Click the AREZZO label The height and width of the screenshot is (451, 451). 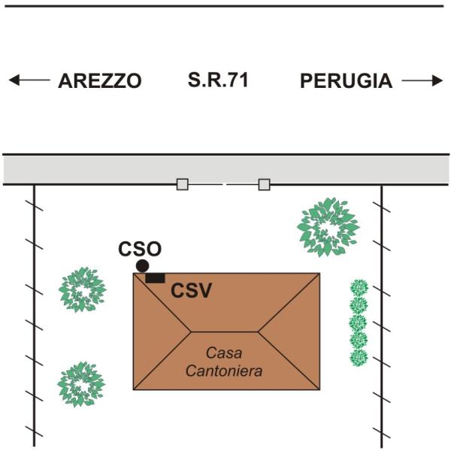100,81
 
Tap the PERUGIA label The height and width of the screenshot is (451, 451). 347,81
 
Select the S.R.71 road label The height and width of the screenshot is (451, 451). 218,80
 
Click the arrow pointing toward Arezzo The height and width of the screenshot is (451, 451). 29,80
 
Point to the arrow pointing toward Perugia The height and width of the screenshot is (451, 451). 422,80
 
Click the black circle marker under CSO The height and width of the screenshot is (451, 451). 142,266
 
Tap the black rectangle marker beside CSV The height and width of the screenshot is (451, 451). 155,278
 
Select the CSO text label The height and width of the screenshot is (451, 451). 140,249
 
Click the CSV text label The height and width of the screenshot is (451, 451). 191,290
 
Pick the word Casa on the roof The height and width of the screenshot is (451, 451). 224,353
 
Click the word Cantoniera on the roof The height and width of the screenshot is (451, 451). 224,371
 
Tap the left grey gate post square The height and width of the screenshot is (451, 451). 183,184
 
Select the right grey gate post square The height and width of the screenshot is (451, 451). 264,184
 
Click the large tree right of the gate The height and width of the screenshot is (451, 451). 328,227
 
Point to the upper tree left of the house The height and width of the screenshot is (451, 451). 83,289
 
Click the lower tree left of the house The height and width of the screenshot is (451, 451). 81,384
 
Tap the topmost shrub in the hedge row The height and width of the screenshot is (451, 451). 359,288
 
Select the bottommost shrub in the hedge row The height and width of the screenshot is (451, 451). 359,358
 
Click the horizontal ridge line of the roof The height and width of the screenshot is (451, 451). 225,332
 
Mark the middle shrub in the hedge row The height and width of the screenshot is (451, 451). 359,323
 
